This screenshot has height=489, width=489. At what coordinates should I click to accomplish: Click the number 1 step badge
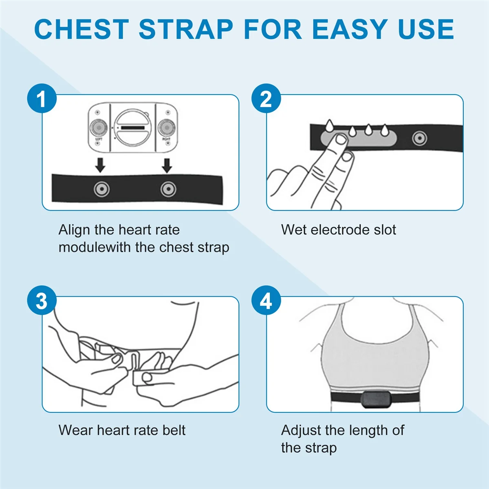tap(42, 99)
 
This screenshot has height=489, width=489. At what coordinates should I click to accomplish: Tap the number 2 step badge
tap(266, 99)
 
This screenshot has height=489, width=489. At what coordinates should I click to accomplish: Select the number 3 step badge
tap(42, 301)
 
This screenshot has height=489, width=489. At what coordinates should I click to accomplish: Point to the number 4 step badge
tap(266, 301)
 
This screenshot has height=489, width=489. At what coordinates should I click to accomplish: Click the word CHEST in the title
tap(81, 29)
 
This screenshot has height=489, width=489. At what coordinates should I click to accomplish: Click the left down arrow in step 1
tap(100, 165)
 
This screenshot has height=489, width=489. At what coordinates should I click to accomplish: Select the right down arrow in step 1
tap(167, 165)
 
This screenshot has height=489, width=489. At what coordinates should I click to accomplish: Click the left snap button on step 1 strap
tap(101, 189)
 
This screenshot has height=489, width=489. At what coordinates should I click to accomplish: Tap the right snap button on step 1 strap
tap(168, 189)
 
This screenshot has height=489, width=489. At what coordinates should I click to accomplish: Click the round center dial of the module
tap(133, 128)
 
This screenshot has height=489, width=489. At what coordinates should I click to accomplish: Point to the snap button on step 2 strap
tap(419, 139)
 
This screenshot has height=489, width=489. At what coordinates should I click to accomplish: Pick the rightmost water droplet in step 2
tap(384, 130)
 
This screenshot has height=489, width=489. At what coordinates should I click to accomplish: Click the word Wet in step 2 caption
tap(293, 230)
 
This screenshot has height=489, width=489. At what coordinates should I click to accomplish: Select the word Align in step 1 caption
tap(74, 230)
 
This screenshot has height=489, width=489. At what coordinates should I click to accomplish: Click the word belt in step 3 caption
tap(174, 430)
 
